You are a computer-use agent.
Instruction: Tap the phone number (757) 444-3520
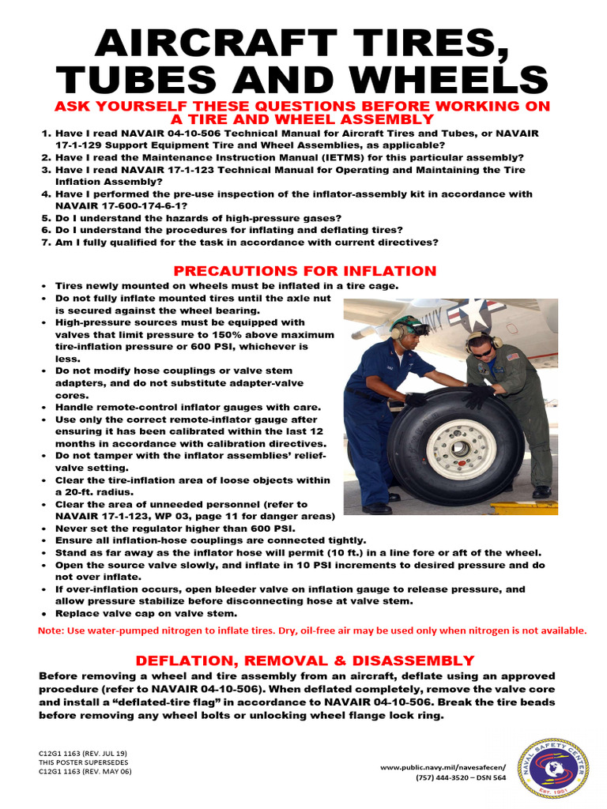[447, 777]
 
